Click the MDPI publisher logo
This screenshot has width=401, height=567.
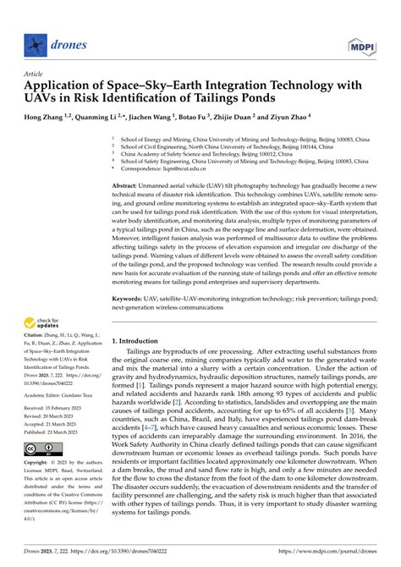368,41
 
